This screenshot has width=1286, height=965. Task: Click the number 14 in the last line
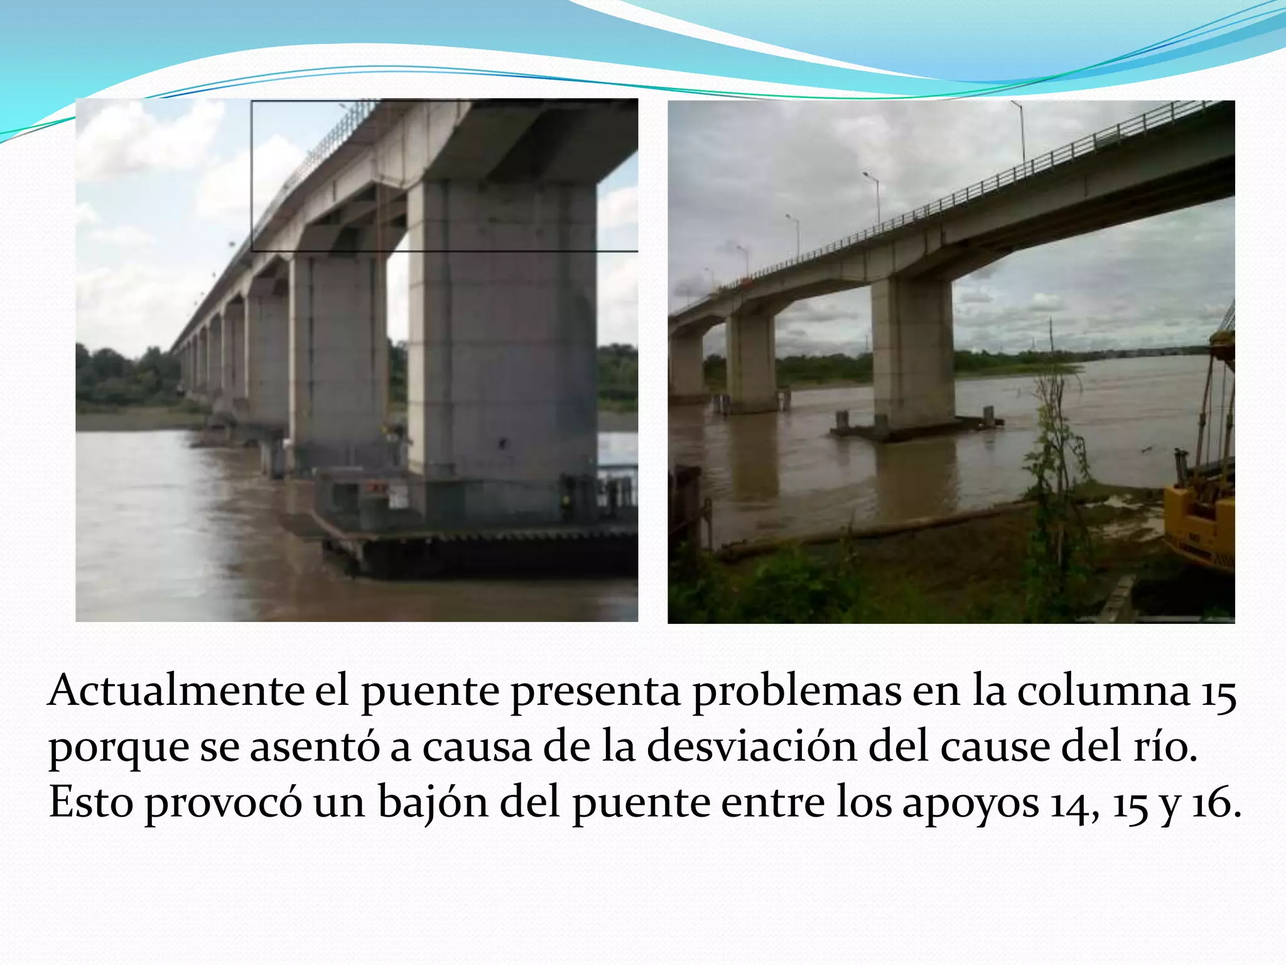[1074, 805]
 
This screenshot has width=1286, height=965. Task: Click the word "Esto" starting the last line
[90, 804]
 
